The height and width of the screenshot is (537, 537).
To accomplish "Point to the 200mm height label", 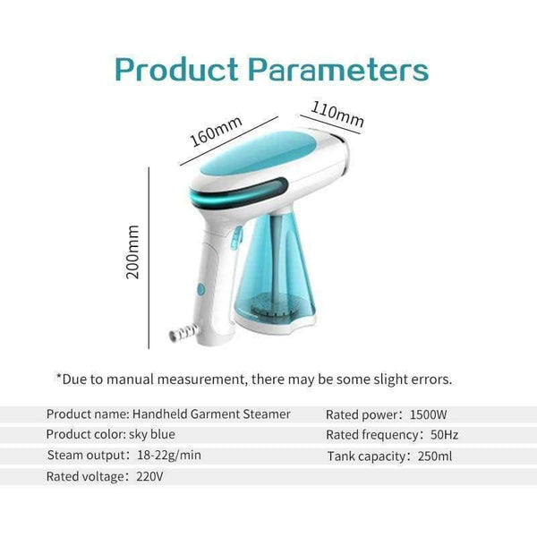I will tap(134, 251).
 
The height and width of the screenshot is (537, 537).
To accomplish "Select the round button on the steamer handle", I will tap(200, 290).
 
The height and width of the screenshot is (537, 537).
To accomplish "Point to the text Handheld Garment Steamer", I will tap(210, 413).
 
